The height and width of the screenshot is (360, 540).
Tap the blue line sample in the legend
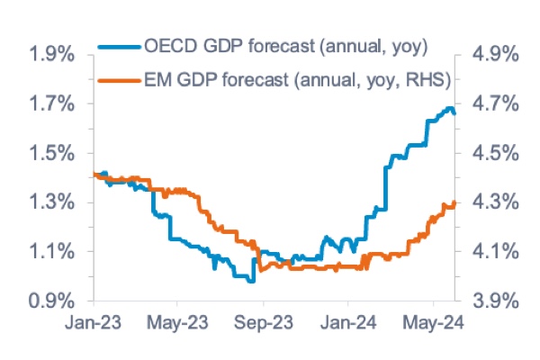122,44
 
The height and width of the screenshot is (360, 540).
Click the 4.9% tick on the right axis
491,55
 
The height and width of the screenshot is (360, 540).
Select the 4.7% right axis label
491,104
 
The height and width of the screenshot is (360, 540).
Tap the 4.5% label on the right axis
491,153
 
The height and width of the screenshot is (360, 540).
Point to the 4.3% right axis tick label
491,202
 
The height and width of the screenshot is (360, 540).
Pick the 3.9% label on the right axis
491,301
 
